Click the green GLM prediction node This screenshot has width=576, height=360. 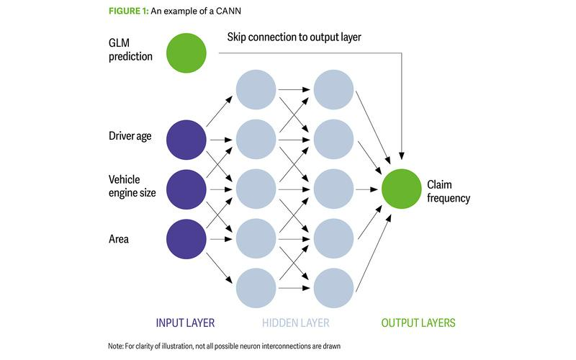pyautogui.click(x=186, y=54)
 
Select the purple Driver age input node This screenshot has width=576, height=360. pyautogui.click(x=186, y=140)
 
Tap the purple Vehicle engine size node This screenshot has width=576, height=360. pyautogui.click(x=186, y=189)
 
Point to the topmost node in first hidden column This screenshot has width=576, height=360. pyautogui.click(x=256, y=90)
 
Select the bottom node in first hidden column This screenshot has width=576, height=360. pyautogui.click(x=256, y=288)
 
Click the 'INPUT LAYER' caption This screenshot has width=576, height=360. pyautogui.click(x=186, y=323)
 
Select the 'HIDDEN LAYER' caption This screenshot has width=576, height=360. pyautogui.click(x=294, y=323)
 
